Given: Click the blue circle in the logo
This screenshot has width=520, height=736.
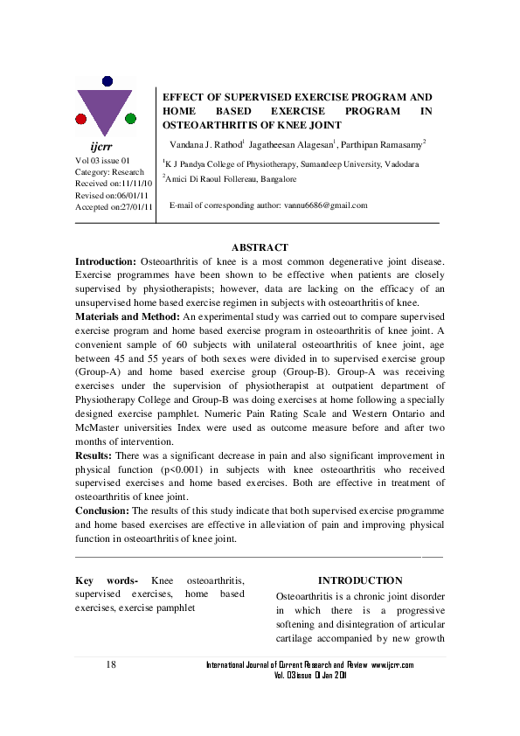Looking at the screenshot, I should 107,81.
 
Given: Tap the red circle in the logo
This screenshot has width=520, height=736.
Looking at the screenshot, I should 81,118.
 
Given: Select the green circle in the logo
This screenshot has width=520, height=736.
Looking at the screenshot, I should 130,118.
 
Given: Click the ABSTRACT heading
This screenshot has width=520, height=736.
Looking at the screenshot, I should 260,248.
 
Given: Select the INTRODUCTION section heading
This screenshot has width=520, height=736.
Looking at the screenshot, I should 360,580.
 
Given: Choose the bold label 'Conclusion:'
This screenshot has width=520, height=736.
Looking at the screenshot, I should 102,509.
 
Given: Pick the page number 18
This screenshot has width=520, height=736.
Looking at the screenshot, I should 111,665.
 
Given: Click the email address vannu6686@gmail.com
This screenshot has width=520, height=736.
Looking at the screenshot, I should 325,205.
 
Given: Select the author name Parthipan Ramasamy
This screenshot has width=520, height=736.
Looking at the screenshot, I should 385,143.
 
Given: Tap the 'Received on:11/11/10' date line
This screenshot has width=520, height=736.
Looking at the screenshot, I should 114,184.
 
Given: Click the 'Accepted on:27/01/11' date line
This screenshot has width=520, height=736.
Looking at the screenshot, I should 114,207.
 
